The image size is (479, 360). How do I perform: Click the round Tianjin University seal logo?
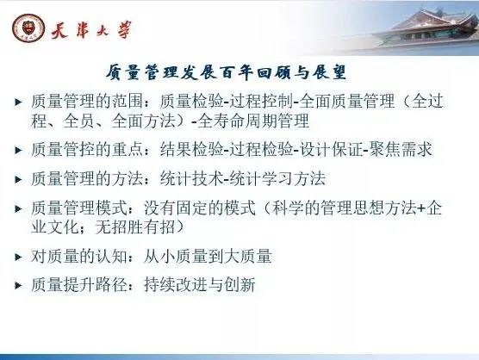click(28, 28)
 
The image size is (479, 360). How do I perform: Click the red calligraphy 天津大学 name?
click(91, 30)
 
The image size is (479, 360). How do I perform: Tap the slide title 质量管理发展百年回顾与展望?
click(226, 72)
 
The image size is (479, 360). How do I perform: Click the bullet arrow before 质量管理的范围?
click(19, 102)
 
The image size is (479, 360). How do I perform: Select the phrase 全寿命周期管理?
click(253, 121)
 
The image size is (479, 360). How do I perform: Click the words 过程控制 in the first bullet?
click(261, 101)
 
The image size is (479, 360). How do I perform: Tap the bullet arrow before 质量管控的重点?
click(19, 150)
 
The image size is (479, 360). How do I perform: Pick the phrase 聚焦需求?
click(401, 149)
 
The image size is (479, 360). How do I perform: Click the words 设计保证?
click(331, 149)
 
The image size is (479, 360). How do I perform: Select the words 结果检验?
click(191, 149)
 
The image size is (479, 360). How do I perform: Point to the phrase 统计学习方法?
click(277, 178)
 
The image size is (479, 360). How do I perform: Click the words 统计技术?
click(191, 178)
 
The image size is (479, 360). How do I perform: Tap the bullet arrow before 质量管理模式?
click(19, 209)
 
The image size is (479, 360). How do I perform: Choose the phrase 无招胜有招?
click(135, 227)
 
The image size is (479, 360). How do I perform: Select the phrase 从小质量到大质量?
click(208, 256)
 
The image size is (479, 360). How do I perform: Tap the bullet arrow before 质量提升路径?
click(19, 285)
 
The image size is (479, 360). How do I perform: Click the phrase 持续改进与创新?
click(200, 284)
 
